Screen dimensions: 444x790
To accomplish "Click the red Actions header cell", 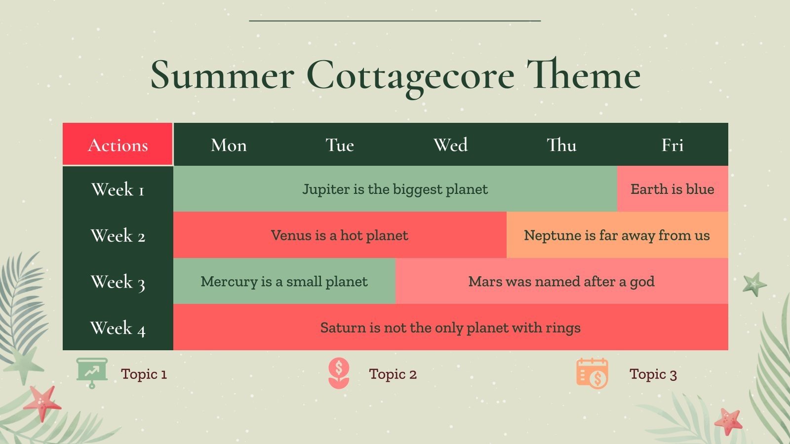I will (118, 145).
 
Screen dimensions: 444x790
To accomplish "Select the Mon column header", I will (229, 145).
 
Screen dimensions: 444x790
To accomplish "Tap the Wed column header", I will (450, 145).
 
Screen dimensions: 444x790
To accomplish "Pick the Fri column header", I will (672, 145).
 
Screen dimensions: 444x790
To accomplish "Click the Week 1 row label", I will (118, 189).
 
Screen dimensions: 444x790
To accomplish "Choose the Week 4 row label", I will (118, 328).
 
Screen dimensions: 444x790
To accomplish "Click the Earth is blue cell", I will (672, 189).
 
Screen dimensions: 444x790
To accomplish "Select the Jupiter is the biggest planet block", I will (395, 189).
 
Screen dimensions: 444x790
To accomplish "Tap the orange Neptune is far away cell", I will (617, 235).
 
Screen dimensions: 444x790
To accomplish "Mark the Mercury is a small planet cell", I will (284, 281).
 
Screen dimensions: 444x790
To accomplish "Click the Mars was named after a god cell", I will (561, 281).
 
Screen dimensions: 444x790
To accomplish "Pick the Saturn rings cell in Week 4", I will (450, 328).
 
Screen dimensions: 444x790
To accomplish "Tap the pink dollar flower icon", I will (339, 373).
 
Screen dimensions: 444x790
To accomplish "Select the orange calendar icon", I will (592, 373).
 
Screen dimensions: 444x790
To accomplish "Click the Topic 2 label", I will (393, 374).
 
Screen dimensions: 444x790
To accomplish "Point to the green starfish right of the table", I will (754, 284).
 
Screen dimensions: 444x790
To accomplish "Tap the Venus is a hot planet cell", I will (340, 235).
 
